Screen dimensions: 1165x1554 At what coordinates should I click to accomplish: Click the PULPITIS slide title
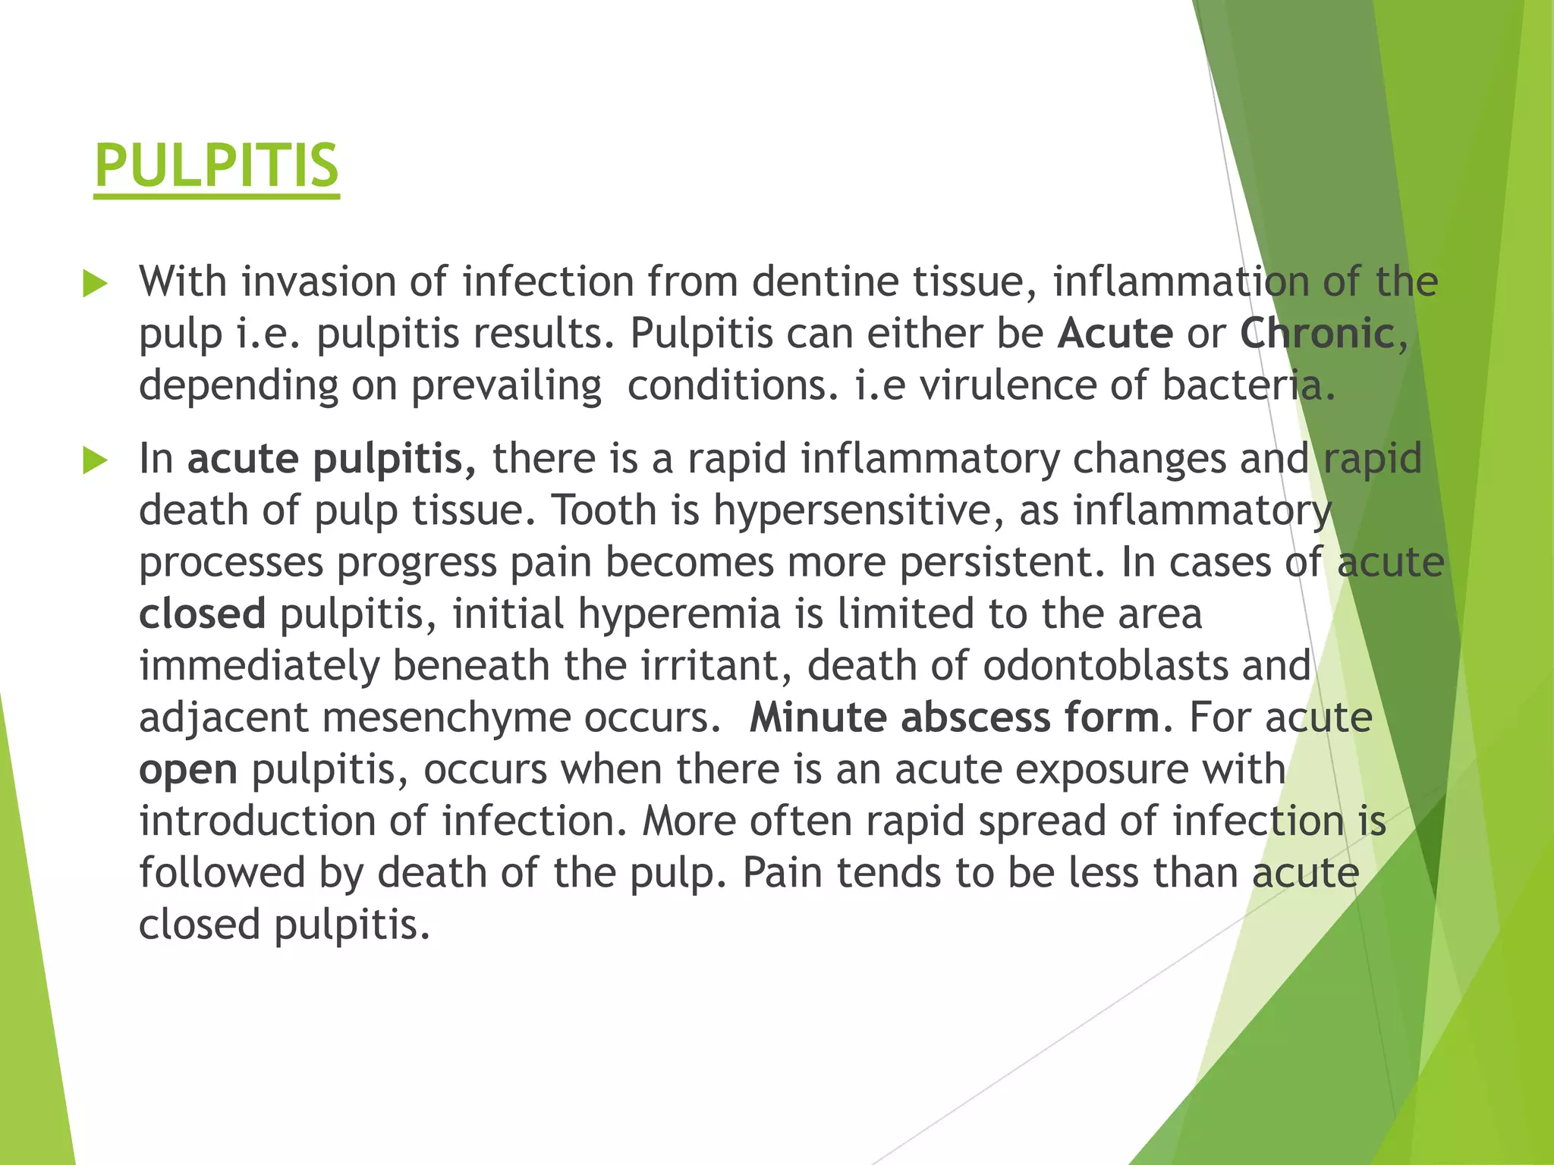(216, 166)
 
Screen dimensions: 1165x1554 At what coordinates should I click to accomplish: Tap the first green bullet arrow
(95, 284)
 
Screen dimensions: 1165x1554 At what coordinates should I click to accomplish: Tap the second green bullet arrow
(95, 460)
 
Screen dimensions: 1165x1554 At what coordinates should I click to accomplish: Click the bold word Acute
(1115, 334)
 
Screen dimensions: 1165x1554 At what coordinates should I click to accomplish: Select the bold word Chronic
(1317, 334)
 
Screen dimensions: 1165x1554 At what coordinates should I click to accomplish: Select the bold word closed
(202, 614)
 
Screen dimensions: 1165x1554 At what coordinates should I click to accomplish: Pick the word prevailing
(506, 385)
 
